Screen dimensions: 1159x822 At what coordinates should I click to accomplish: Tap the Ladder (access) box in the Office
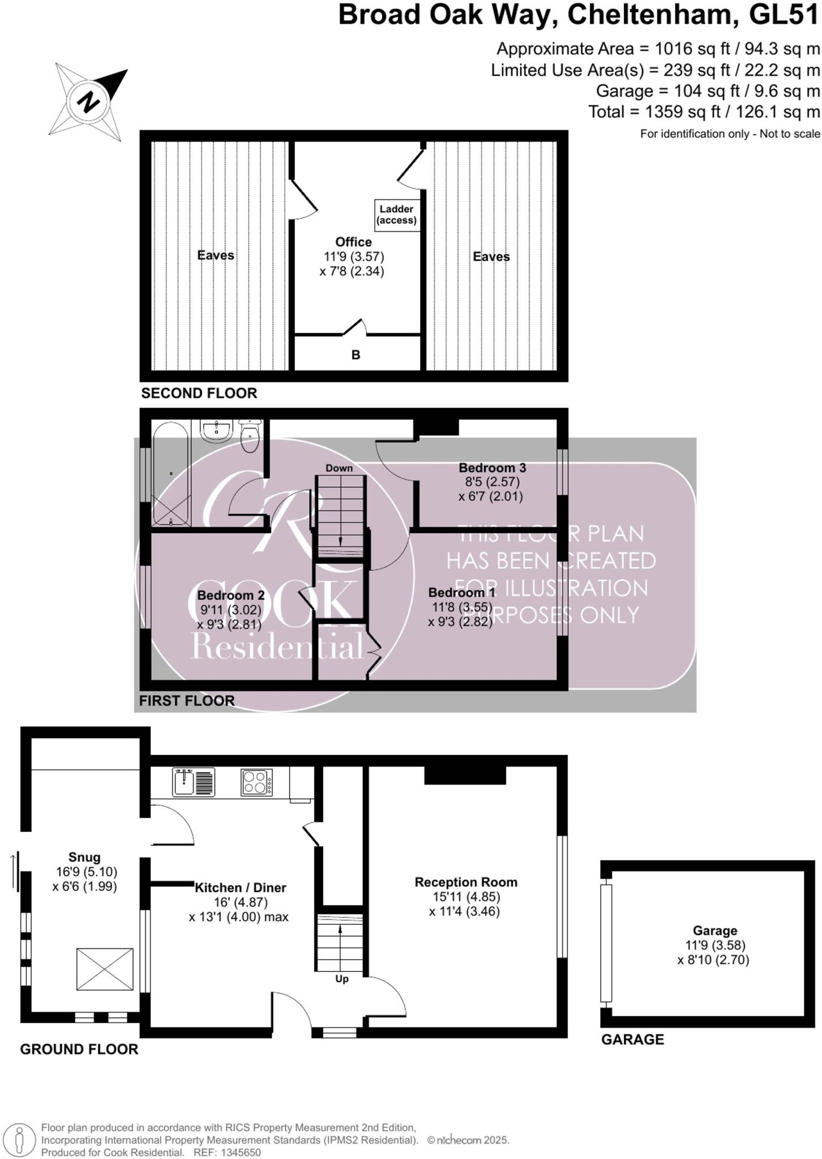point(396,214)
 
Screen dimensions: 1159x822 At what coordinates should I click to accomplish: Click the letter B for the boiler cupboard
point(356,355)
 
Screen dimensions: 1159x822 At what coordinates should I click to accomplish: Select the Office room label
point(353,242)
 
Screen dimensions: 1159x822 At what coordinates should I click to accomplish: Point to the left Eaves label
point(215,255)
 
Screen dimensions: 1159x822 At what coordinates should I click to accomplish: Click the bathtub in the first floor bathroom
point(170,475)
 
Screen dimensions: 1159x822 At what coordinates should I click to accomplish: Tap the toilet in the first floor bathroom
point(250,435)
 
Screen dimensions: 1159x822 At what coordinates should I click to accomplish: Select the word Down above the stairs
point(339,468)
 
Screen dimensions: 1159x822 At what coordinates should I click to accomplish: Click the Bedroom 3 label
point(492,467)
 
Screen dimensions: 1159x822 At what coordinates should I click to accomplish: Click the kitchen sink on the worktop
point(193,782)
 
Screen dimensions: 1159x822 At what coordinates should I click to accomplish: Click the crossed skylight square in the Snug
point(105,969)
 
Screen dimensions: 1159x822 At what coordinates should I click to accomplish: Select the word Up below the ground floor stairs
point(341,979)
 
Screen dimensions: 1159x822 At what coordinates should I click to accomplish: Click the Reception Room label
point(465,882)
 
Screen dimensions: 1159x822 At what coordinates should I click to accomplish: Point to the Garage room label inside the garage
point(714,930)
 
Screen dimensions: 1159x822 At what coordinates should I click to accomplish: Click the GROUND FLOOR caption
point(79,1049)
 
